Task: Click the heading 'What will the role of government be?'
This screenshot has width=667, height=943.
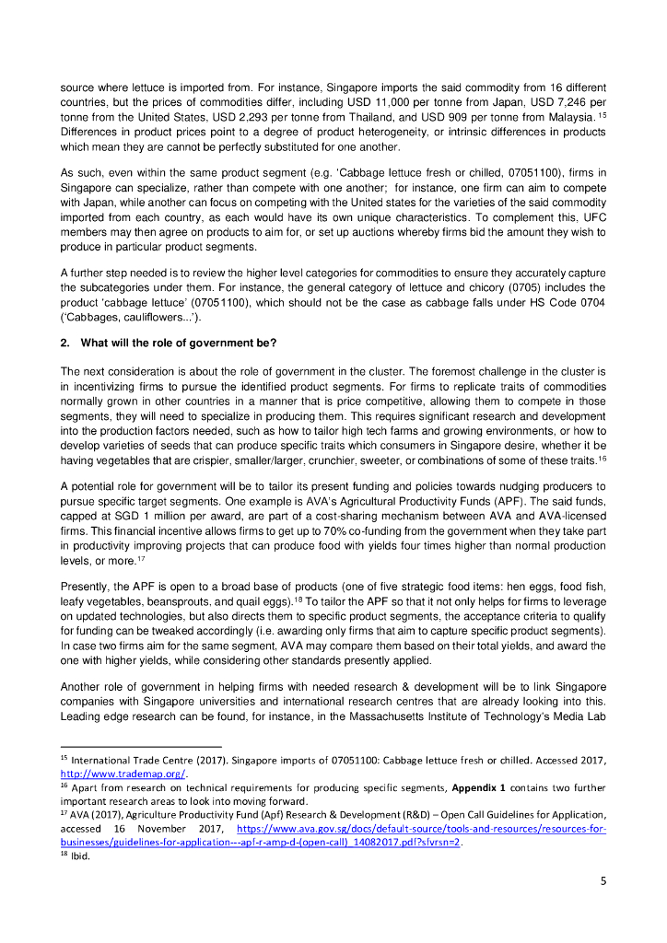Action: coord(178,343)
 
